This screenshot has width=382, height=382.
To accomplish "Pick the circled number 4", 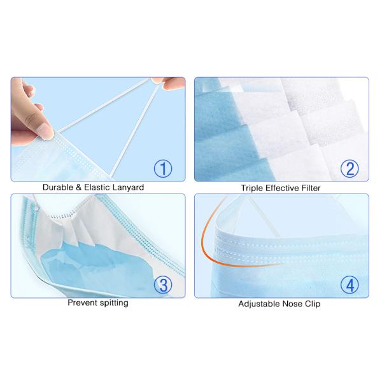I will [x=349, y=284].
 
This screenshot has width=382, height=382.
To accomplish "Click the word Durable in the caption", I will [x=59, y=188].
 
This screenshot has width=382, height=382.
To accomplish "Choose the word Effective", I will [x=280, y=188].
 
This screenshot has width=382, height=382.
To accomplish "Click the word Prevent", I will [x=82, y=303].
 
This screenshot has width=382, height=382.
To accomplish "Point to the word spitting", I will [x=113, y=304].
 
